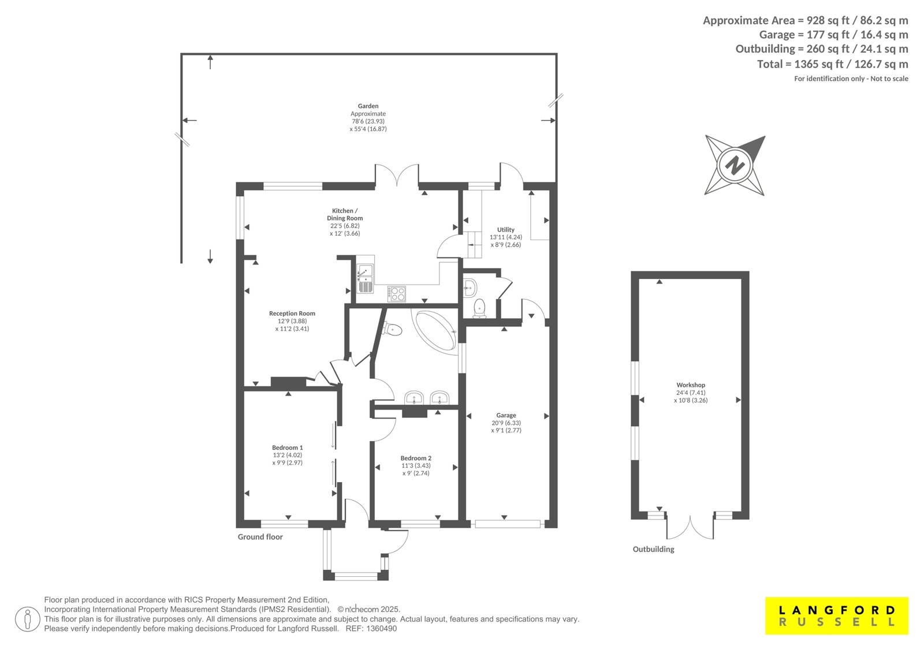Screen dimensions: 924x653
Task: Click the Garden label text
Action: pyautogui.click(x=368, y=106)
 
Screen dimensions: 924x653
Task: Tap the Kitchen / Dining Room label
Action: pyautogui.click(x=345, y=215)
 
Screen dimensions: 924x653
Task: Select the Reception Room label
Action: pyautogui.click(x=292, y=314)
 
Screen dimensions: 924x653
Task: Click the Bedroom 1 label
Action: pyautogui.click(x=288, y=447)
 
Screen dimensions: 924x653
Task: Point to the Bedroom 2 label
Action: pyautogui.click(x=416, y=458)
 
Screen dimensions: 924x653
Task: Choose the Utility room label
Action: pyautogui.click(x=506, y=230)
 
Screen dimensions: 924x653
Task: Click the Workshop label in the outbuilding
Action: pyautogui.click(x=691, y=385)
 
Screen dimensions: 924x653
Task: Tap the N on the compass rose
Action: pyautogui.click(x=735, y=166)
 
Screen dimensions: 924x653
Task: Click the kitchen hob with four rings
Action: pyautogui.click(x=396, y=294)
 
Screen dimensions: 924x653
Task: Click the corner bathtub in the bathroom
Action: pyautogui.click(x=435, y=330)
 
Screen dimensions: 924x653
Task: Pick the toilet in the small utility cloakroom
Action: pyautogui.click(x=479, y=309)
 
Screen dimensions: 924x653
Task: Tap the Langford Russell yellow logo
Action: pyautogui.click(x=837, y=615)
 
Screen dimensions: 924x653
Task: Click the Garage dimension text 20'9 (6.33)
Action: pyautogui.click(x=506, y=423)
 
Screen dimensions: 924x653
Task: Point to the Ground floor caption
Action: pyautogui.click(x=260, y=537)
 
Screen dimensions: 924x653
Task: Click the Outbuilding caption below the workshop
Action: pyautogui.click(x=653, y=549)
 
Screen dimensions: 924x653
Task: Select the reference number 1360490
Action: pyautogui.click(x=381, y=629)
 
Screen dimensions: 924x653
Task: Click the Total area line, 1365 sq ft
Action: pyautogui.click(x=832, y=64)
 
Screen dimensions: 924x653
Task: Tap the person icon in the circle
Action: pyautogui.click(x=27, y=619)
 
